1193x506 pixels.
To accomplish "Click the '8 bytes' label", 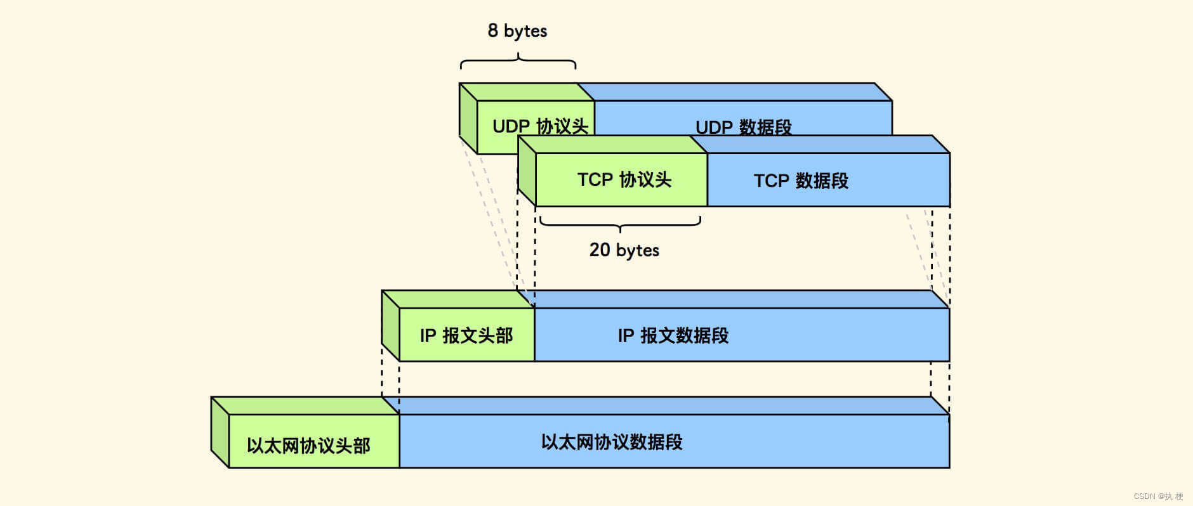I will point(517,30).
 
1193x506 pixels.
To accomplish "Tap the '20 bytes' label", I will point(624,250).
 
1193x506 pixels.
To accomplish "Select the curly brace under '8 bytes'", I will point(518,62).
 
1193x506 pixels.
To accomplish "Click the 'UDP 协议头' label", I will point(540,126).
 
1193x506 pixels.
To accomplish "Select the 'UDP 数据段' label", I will point(743,127).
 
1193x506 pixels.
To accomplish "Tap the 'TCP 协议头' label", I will point(624,179).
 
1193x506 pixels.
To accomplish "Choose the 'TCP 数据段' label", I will point(801,181).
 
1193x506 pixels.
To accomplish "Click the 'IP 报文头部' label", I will point(466,335).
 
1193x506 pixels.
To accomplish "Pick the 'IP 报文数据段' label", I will point(673,335).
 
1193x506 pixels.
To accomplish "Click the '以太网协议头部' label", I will point(308,445).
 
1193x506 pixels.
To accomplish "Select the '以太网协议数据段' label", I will point(612,442).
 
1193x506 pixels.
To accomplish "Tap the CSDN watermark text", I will point(1158,496).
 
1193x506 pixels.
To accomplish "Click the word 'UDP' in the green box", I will point(511,126).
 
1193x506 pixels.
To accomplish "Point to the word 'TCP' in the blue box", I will point(771,181).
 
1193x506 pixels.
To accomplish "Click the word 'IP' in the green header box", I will point(428,335).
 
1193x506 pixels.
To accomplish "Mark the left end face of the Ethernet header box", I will point(220,432).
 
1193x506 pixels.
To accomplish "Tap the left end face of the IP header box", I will point(390,326).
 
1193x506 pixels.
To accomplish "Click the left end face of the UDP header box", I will point(468,118).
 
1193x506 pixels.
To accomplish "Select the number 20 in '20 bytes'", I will point(600,249).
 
